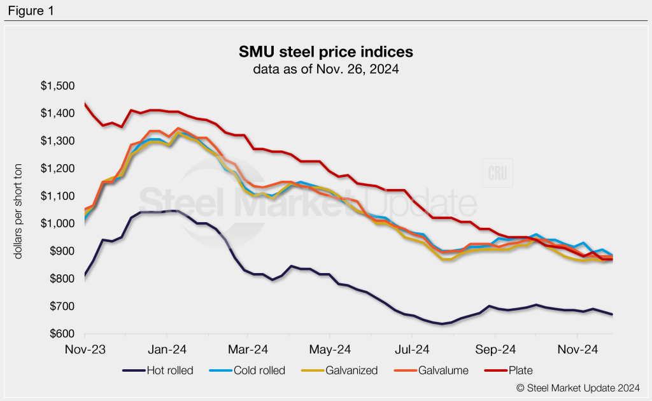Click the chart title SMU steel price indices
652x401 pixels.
point(326,51)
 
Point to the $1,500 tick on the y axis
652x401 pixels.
point(58,86)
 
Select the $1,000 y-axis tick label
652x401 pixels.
point(58,223)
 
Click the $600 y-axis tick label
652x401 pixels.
point(62,334)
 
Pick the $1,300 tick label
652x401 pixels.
point(58,141)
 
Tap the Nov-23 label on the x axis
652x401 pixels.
point(85,349)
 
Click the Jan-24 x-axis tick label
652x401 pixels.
point(167,349)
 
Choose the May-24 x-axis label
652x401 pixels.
point(330,349)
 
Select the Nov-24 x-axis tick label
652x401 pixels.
point(576,349)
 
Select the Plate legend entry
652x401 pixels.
point(512,370)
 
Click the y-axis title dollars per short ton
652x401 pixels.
point(18,209)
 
